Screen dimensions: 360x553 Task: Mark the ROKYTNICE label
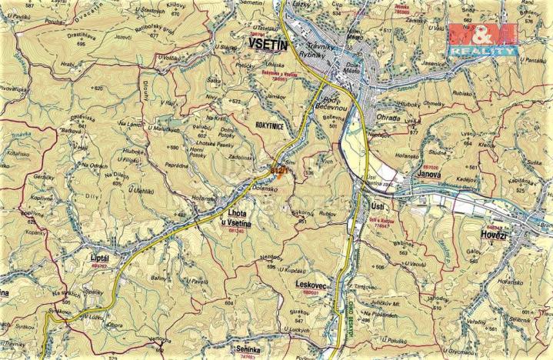[x=272, y=122]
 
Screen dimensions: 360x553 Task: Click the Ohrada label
[x=388, y=117]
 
